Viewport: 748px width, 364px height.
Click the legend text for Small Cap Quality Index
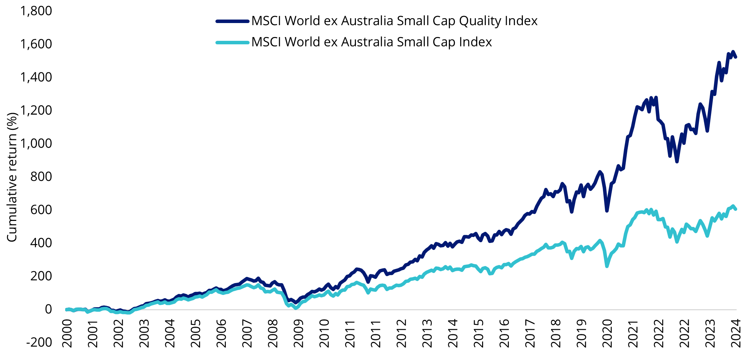coord(394,21)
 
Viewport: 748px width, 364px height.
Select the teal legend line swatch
coord(232,43)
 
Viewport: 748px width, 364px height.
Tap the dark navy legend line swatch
coord(232,21)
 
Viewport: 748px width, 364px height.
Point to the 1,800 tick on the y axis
coord(36,11)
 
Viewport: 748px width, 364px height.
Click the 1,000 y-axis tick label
coord(36,143)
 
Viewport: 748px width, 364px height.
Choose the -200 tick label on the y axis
coord(39,342)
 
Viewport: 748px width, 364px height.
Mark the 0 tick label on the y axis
coord(48,309)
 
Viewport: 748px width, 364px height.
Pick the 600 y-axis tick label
coord(41,210)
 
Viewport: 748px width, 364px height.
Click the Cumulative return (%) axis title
coord(12,177)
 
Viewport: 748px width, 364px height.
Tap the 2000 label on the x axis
coord(67,333)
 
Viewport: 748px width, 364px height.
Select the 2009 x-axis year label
coord(299,333)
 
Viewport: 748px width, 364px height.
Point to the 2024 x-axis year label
coord(736,333)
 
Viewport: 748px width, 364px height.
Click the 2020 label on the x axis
coord(607,333)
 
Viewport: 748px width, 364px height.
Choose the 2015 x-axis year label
coord(479,333)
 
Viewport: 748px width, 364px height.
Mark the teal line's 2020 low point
coord(607,266)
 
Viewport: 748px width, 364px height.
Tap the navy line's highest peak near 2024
coord(733,52)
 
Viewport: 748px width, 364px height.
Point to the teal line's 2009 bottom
coord(296,308)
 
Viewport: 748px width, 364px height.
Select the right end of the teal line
coord(735,209)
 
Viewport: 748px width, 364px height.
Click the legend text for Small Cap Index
coord(372,42)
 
